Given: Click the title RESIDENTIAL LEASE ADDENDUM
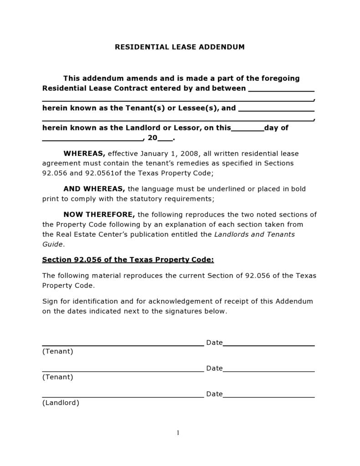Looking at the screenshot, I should pos(180,47).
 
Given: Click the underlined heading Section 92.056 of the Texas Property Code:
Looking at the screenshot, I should pos(128,260).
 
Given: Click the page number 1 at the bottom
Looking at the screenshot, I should pos(178,433).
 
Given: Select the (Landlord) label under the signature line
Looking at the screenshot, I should pos(61,403).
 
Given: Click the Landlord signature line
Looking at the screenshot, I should pos(123,397).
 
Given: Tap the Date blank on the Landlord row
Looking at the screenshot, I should pos(268,397).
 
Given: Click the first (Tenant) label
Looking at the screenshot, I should pos(57,352).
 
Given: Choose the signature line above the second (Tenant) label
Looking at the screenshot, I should pos(123,371).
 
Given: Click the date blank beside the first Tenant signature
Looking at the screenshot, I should pos(268,345).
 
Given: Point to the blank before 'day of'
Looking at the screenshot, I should pos(247,130).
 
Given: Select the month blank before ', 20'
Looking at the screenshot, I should pos(93,140).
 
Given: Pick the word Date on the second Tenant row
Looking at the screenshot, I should pos(214,368).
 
